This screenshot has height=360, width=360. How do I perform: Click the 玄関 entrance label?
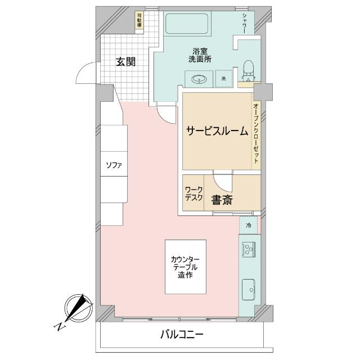(125, 62)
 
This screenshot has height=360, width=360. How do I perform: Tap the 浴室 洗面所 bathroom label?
(200, 54)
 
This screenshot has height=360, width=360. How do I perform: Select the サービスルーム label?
(217, 131)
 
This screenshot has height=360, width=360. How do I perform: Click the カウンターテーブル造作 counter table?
(185, 266)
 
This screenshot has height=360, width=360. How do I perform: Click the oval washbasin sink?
(199, 79)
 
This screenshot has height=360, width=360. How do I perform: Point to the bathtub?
(188, 25)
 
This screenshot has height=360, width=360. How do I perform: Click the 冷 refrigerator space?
(248, 225)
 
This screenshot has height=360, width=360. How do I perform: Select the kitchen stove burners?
(248, 249)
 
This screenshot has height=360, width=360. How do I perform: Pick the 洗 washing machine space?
(223, 79)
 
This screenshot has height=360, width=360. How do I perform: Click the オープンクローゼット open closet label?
(255, 133)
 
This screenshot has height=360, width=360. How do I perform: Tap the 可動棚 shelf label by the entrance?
(139, 22)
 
